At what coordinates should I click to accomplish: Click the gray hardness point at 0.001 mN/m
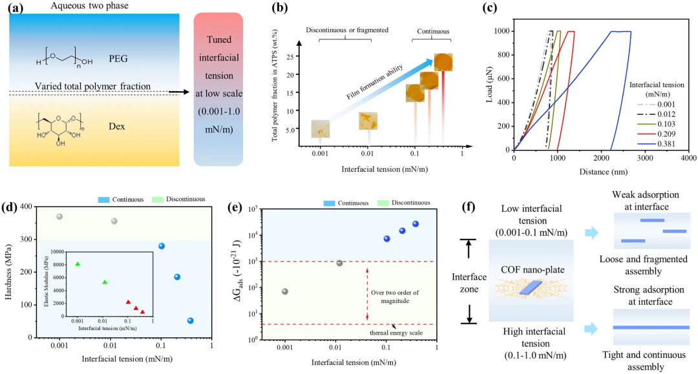click(x=60, y=216)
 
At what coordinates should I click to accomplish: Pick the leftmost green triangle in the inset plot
click(x=78, y=264)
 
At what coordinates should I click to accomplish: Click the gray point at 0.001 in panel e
click(x=285, y=291)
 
